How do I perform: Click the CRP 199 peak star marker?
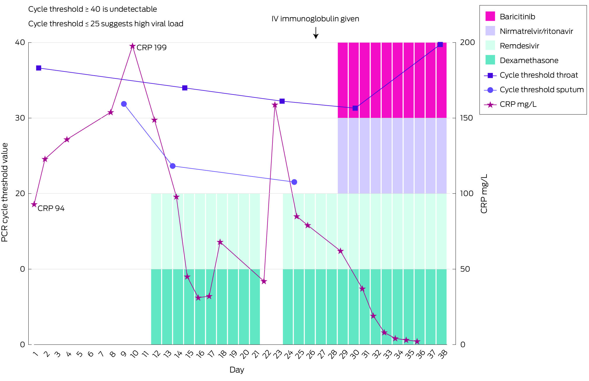pos(133,46)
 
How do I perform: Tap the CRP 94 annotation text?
pos(51,208)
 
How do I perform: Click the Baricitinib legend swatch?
pos(490,16)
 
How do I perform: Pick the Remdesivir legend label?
pos(519,46)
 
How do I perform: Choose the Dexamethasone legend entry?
pos(529,60)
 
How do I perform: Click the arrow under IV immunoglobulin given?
pos(316,33)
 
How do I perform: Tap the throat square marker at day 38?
pos(440,44)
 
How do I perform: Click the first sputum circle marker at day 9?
pos(124,104)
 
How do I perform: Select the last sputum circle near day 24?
pos(294,182)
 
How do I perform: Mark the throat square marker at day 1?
pos(39,68)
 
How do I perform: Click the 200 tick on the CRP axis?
pos(467,43)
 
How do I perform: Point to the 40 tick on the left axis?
pos(20,43)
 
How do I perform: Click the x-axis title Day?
pos(237,370)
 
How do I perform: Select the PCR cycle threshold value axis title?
pos(5,193)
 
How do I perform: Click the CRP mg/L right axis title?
pos(484,194)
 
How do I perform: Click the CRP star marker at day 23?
pos(275,105)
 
